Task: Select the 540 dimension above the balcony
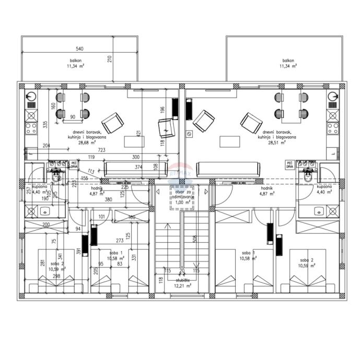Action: pyautogui.click(x=79, y=49)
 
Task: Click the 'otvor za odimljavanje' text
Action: pyautogui.click(x=181, y=195)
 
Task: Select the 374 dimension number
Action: pyautogui.click(x=138, y=167)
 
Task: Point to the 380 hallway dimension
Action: pyautogui.click(x=108, y=199)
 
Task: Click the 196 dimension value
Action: pyautogui.click(x=162, y=111)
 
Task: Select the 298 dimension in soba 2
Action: pyautogui.click(x=42, y=277)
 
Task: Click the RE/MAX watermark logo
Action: pyautogui.click(x=181, y=171)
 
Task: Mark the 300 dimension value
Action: pyautogui.click(x=136, y=157)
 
